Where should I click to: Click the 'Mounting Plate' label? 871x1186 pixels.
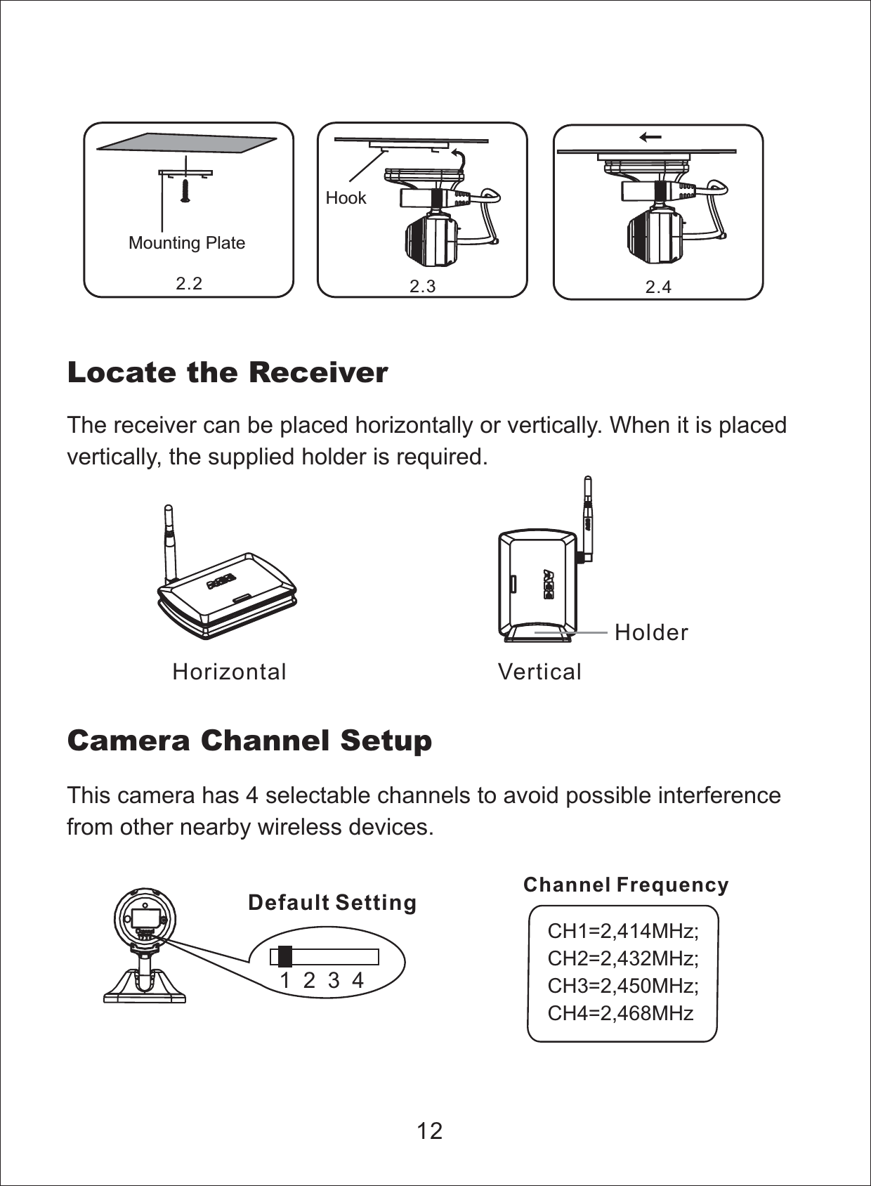tap(187, 243)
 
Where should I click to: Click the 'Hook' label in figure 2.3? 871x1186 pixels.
tap(346, 198)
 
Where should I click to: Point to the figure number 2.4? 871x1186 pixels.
tap(658, 287)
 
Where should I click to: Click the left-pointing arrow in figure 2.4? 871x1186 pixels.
tap(650, 138)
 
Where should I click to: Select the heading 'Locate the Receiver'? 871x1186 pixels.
tap(227, 372)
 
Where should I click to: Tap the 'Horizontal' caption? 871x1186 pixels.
tap(230, 672)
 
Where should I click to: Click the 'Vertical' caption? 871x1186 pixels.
tap(539, 672)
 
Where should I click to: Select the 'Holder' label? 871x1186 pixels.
tap(651, 632)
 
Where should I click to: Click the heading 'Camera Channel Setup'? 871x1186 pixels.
tap(249, 741)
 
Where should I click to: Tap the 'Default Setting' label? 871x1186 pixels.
tap(332, 902)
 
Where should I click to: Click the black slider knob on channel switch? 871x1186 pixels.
tap(285, 957)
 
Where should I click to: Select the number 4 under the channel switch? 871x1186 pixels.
tap(358, 980)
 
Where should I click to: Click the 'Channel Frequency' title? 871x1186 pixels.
tap(626, 885)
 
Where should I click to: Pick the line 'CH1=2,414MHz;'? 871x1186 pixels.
tap(622, 932)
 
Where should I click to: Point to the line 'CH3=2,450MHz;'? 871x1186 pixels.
tap(622, 986)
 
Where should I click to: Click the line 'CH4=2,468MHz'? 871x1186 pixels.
tap(620, 1013)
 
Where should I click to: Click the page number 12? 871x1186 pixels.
tap(429, 1131)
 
